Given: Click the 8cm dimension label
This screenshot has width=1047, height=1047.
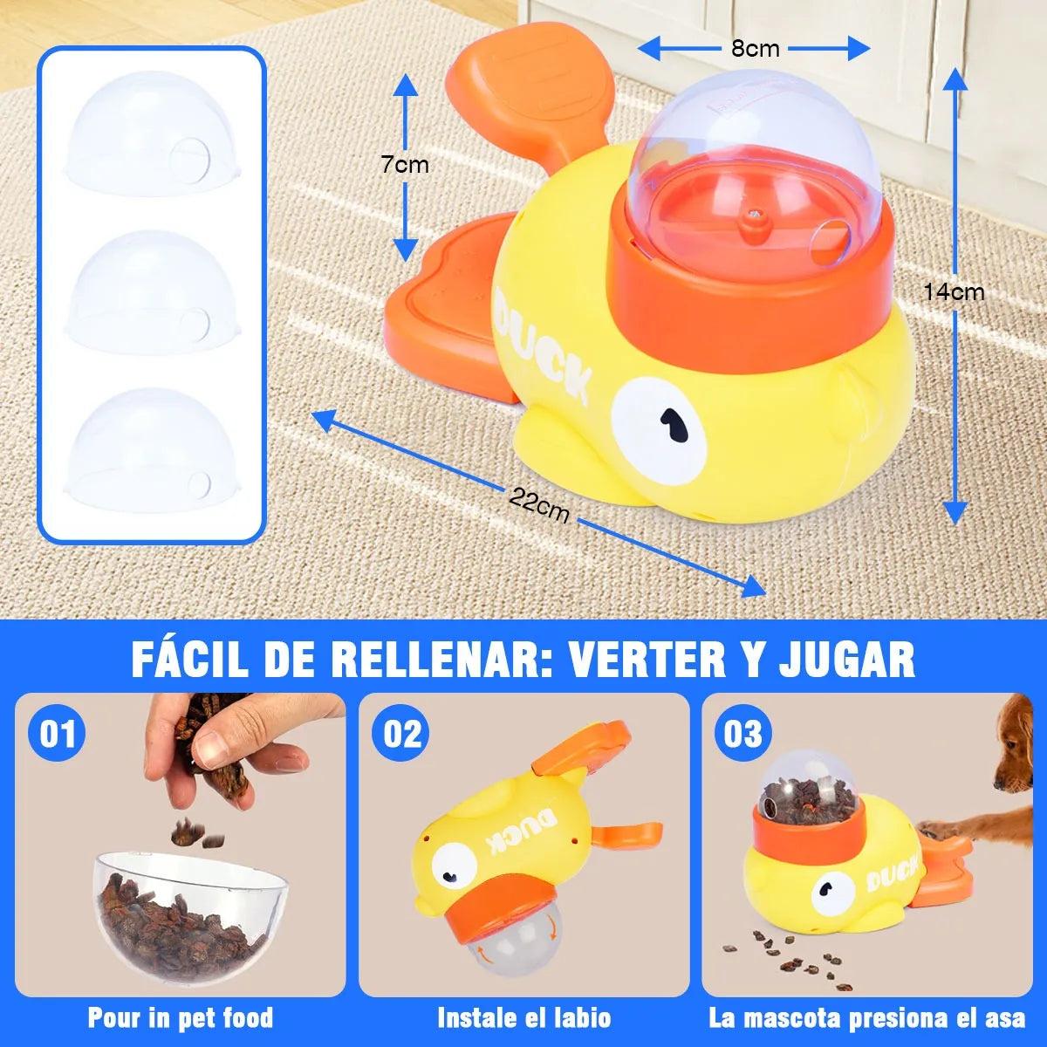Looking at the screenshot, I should point(755,49).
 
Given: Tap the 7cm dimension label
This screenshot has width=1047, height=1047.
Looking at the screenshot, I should point(404,164).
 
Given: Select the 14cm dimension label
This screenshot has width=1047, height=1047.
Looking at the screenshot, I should point(954,292).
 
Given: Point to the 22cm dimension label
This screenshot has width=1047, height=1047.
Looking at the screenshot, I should point(539,505).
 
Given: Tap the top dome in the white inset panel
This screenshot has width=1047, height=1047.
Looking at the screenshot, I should point(150,131).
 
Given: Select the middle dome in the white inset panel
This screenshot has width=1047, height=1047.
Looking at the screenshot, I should point(152,292).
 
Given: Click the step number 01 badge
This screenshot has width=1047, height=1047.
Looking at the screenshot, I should point(58,734).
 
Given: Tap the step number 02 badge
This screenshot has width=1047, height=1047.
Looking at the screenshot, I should point(402,734).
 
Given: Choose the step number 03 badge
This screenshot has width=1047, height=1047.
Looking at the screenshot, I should point(743,734).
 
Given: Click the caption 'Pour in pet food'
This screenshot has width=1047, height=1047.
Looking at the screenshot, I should point(181,1017).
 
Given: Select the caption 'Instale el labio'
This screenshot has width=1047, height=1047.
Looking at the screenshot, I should point(523,1017).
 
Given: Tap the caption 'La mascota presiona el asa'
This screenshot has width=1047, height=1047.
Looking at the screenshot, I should point(867,1017).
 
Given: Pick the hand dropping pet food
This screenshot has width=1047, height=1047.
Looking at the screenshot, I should point(222,742).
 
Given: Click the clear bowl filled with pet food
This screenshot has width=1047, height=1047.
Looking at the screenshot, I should point(189,907).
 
